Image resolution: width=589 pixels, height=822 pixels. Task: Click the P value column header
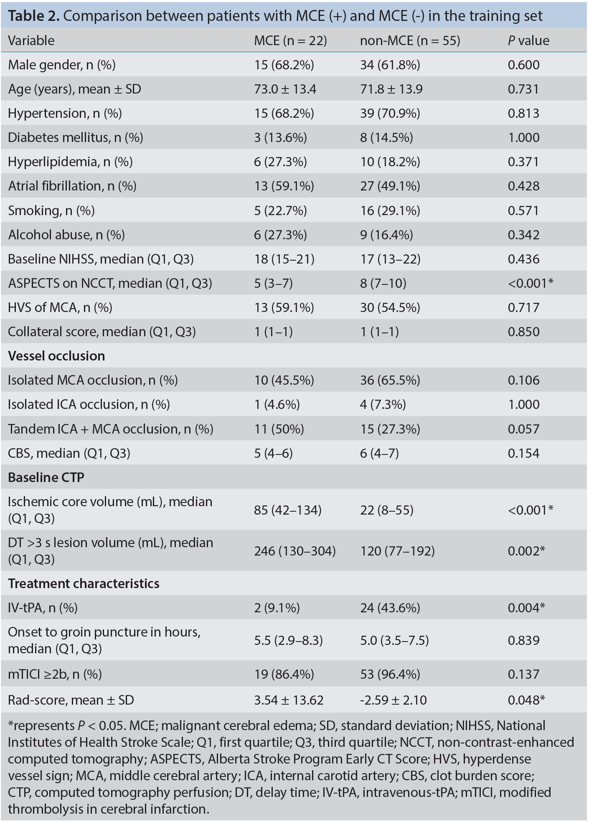click(x=528, y=41)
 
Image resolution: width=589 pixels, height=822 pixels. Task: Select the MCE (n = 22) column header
click(x=291, y=41)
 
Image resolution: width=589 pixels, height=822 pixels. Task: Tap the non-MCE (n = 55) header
click(x=410, y=41)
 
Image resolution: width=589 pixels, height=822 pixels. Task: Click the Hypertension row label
click(x=65, y=113)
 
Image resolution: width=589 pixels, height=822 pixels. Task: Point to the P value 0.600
click(x=524, y=65)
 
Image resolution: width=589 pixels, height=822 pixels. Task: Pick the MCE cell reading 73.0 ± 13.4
click(x=285, y=89)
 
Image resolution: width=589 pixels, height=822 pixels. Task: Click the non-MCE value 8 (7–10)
click(x=383, y=283)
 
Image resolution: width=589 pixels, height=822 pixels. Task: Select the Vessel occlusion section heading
click(x=56, y=356)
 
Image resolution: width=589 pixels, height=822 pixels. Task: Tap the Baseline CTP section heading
click(x=46, y=477)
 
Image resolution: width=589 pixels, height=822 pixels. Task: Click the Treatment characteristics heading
click(x=84, y=584)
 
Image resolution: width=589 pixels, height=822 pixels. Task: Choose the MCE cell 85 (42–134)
click(x=288, y=510)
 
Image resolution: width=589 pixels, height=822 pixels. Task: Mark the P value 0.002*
click(x=526, y=551)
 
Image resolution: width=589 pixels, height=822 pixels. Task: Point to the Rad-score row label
click(x=71, y=700)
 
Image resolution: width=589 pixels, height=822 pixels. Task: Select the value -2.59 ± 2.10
click(x=394, y=700)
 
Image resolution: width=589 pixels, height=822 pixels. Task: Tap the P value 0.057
click(x=524, y=429)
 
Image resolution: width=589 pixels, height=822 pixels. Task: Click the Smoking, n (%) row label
click(x=51, y=211)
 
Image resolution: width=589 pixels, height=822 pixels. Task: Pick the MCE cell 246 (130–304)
click(x=295, y=551)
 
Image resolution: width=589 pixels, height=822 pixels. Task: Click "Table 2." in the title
click(x=34, y=16)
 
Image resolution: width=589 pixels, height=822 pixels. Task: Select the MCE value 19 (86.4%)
click(x=284, y=674)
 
